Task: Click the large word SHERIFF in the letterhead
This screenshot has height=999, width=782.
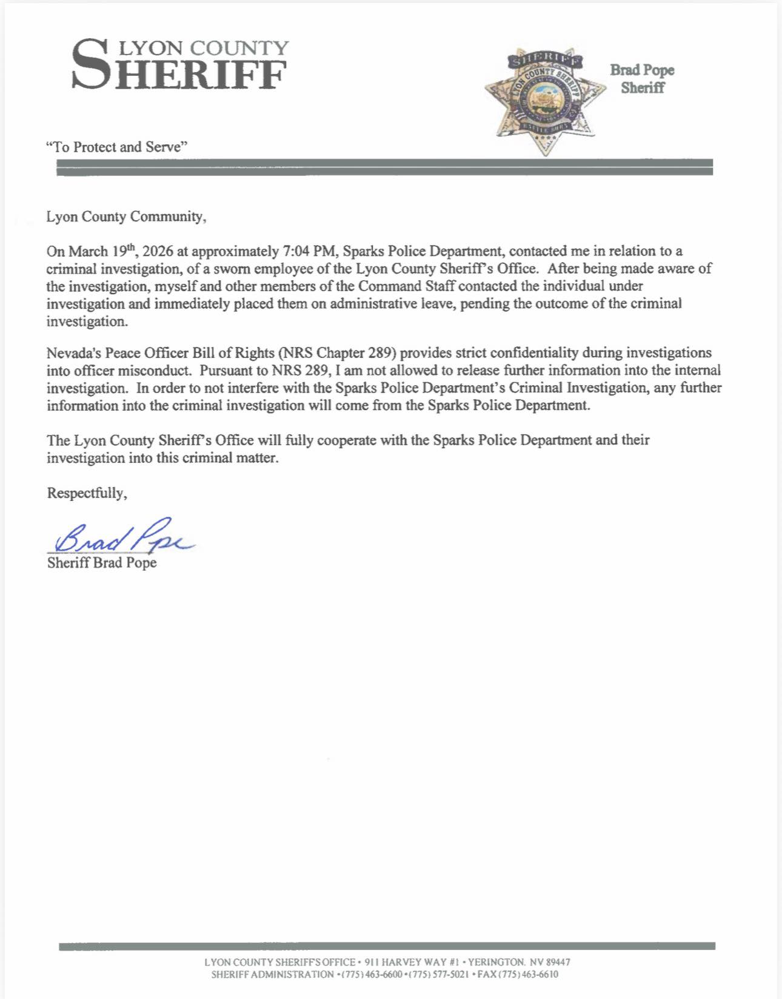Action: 179,70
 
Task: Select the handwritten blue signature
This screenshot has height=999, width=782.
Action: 122,534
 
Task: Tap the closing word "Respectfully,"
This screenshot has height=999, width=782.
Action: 87,493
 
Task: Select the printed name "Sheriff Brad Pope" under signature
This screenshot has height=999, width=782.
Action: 102,563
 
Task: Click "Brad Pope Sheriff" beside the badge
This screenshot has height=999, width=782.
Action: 643,79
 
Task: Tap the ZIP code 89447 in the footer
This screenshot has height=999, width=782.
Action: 558,962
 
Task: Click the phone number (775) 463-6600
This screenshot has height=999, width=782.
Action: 369,974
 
